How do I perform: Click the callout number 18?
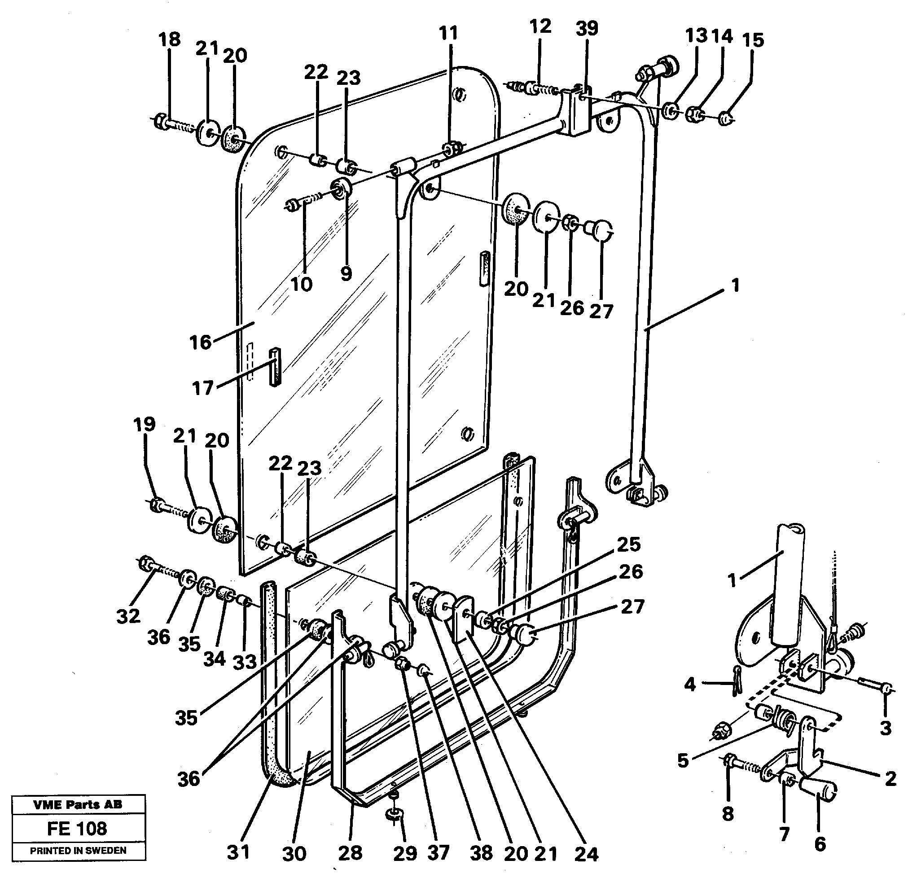170,40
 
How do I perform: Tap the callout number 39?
587,29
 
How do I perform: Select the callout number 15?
753,40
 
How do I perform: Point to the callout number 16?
201,342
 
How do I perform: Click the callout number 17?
202,388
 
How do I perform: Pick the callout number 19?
144,424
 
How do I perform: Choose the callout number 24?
587,853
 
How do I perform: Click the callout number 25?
628,544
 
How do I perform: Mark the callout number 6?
820,844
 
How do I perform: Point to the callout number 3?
885,729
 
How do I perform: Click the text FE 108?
77,829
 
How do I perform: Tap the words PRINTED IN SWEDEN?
78,851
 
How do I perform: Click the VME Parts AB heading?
78,805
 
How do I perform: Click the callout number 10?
302,284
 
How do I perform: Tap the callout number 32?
128,616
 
